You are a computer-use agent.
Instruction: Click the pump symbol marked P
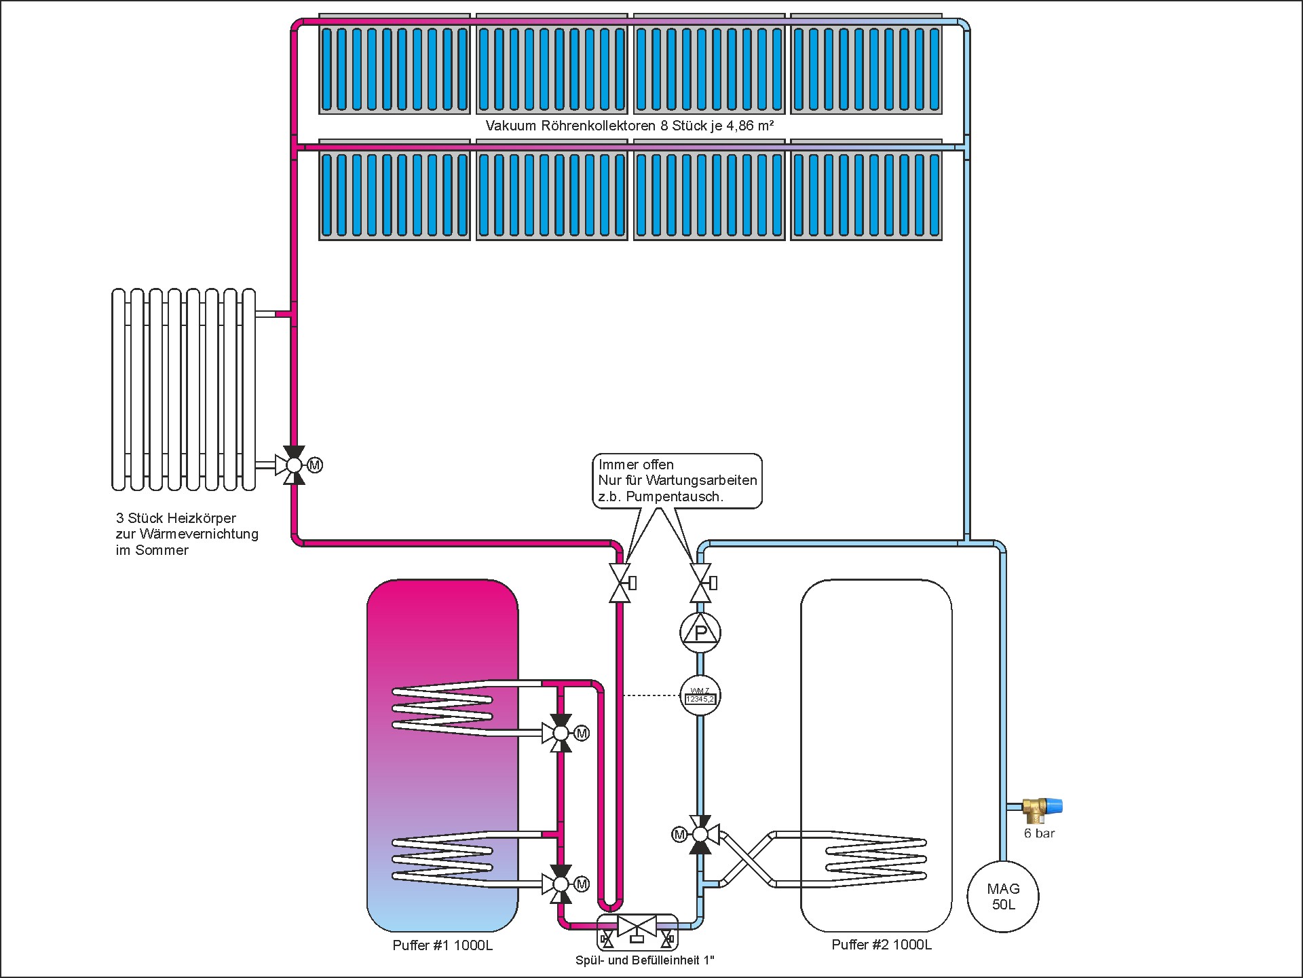click(700, 633)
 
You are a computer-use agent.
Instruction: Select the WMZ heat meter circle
click(700, 696)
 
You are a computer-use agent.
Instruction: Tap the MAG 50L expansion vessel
click(1003, 896)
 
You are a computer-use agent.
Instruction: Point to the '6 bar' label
click(1039, 833)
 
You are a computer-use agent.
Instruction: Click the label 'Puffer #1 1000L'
click(442, 945)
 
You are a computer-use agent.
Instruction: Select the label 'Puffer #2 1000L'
click(882, 945)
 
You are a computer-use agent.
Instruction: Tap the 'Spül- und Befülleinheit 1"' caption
click(645, 960)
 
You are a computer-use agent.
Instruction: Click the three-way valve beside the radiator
click(294, 465)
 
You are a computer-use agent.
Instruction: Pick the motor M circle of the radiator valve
click(315, 465)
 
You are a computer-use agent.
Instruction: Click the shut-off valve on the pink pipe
click(620, 583)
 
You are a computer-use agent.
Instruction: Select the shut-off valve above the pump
click(700, 583)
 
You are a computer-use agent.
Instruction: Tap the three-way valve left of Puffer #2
click(700, 834)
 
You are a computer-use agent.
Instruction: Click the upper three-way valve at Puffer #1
click(561, 733)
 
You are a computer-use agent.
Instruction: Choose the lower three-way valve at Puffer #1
click(561, 884)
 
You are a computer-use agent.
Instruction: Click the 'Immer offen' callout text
click(636, 465)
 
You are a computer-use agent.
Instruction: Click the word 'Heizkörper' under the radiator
click(201, 518)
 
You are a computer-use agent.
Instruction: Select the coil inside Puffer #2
click(875, 859)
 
